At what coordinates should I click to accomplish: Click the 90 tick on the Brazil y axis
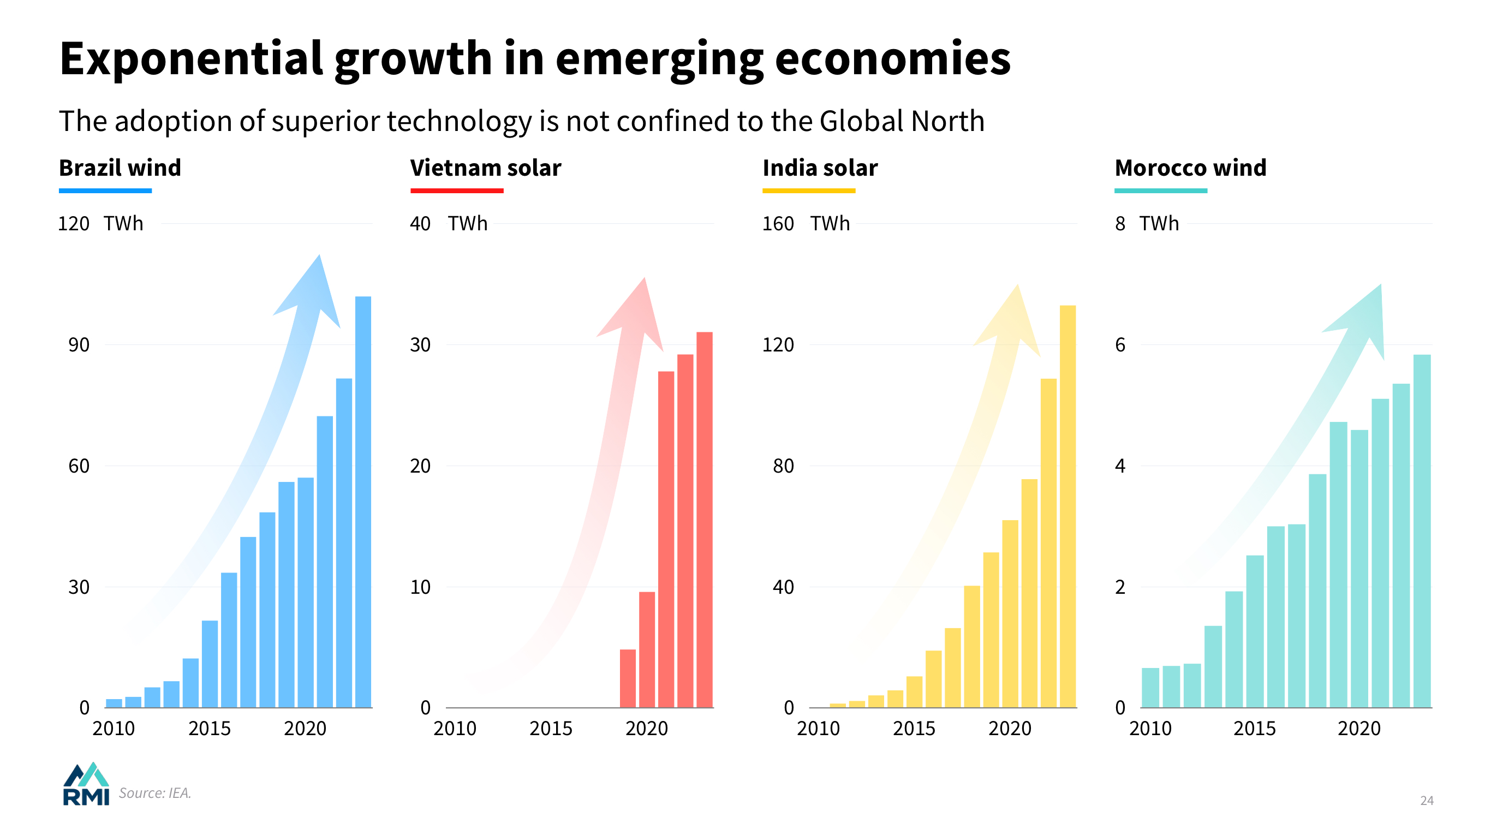(x=79, y=345)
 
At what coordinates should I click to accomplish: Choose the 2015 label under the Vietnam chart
(x=551, y=728)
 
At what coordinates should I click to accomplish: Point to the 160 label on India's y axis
(x=777, y=223)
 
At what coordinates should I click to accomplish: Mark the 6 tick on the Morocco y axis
(x=1120, y=345)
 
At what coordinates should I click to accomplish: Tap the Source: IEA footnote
(x=154, y=793)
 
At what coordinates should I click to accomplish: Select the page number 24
(x=1426, y=800)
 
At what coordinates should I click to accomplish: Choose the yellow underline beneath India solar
(x=809, y=190)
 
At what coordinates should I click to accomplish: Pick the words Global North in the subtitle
(x=902, y=122)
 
